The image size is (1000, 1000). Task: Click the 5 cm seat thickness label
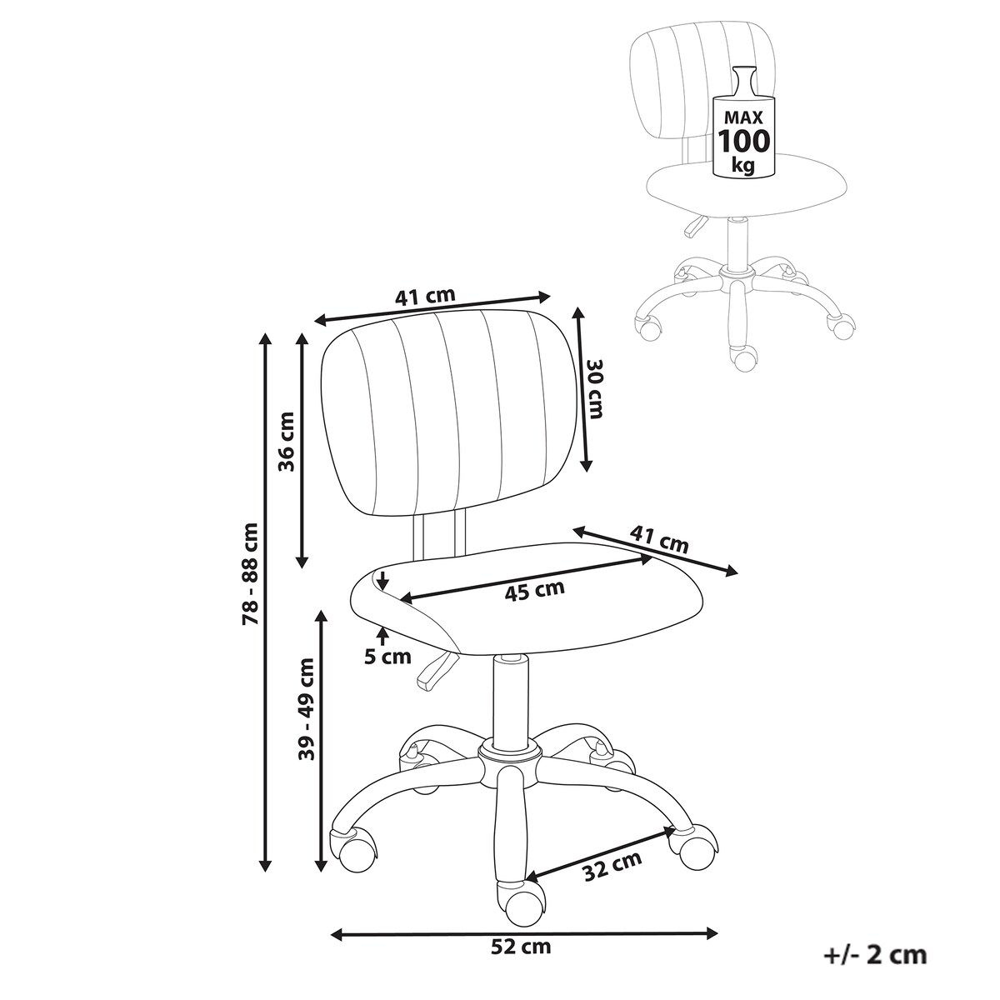point(387,657)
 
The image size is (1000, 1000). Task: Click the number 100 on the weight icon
point(743,140)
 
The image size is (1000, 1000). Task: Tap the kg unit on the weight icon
point(742,166)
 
